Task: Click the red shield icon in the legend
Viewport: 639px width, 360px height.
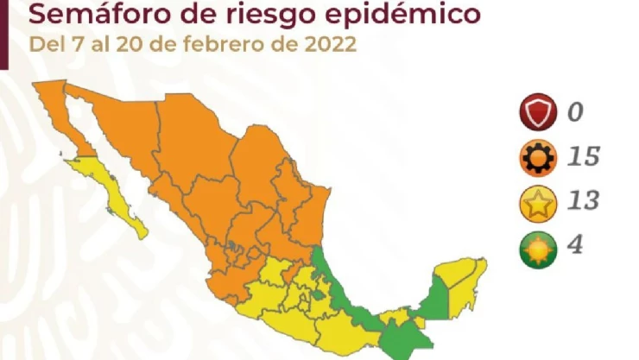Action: point(536,112)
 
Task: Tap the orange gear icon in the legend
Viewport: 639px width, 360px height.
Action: point(536,158)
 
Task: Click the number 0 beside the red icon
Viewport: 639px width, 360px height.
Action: point(574,111)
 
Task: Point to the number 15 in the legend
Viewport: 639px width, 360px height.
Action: point(583,157)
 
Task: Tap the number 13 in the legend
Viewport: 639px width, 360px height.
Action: point(583,202)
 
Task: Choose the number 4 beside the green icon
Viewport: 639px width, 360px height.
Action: point(574,246)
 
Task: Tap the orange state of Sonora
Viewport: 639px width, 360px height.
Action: point(121,129)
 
